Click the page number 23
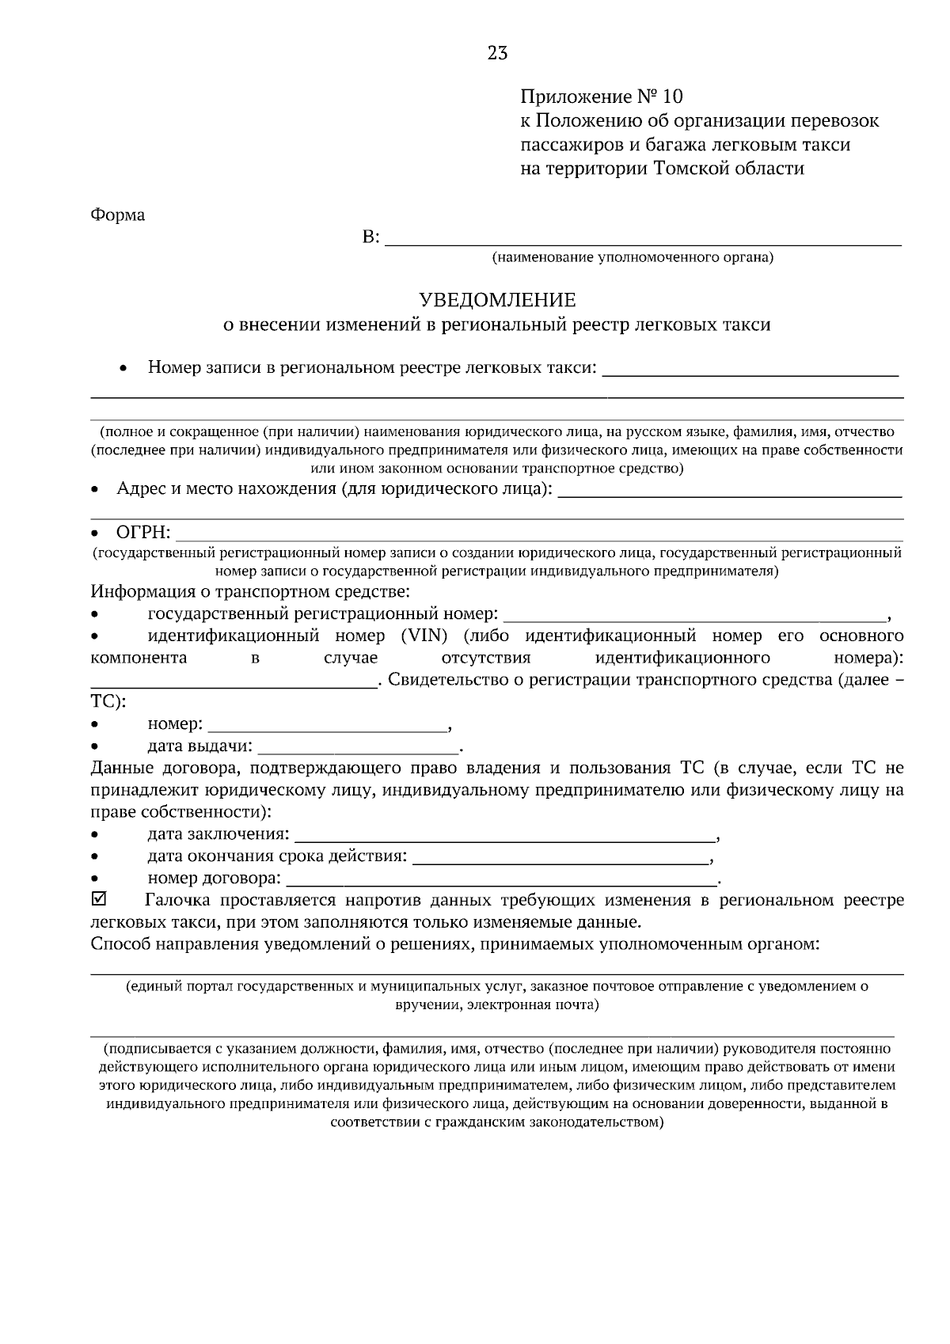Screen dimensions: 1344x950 coord(497,53)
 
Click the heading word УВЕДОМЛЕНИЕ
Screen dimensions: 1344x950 coord(497,300)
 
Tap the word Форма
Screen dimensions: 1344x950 coord(118,215)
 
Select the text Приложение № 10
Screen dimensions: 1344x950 coord(601,97)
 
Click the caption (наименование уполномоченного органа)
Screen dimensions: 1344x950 coord(632,257)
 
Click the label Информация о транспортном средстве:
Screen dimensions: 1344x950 coord(250,591)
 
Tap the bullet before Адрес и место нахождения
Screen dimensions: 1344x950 coord(94,490)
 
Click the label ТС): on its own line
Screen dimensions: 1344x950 coord(108,701)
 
